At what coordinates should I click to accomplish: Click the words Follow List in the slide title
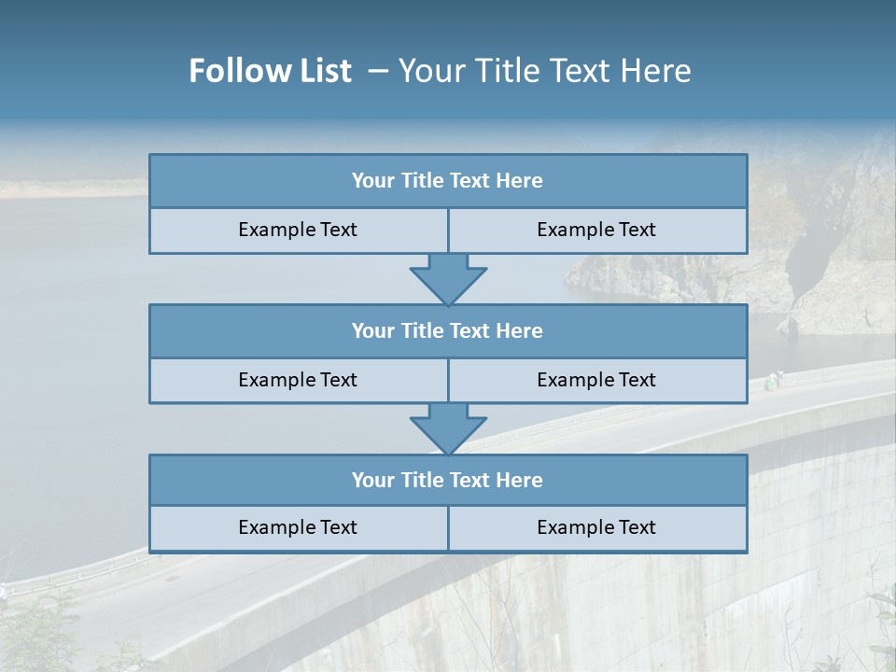pos(270,71)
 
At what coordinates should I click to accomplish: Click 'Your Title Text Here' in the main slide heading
pos(544,71)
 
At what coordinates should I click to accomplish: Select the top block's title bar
pos(447,181)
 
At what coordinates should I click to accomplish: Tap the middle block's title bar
pos(447,330)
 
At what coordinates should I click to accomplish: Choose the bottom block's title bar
pos(447,480)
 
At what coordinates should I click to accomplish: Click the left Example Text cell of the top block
pos(298,230)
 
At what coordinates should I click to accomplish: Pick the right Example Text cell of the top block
pos(596,230)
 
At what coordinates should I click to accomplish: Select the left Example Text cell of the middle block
pos(298,380)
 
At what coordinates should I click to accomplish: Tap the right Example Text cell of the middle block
pos(596,380)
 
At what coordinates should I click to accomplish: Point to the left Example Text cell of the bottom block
pos(298,527)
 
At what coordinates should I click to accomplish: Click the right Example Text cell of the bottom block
pos(596,527)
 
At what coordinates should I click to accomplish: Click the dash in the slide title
pos(378,71)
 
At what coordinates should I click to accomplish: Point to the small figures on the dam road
pos(774,380)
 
